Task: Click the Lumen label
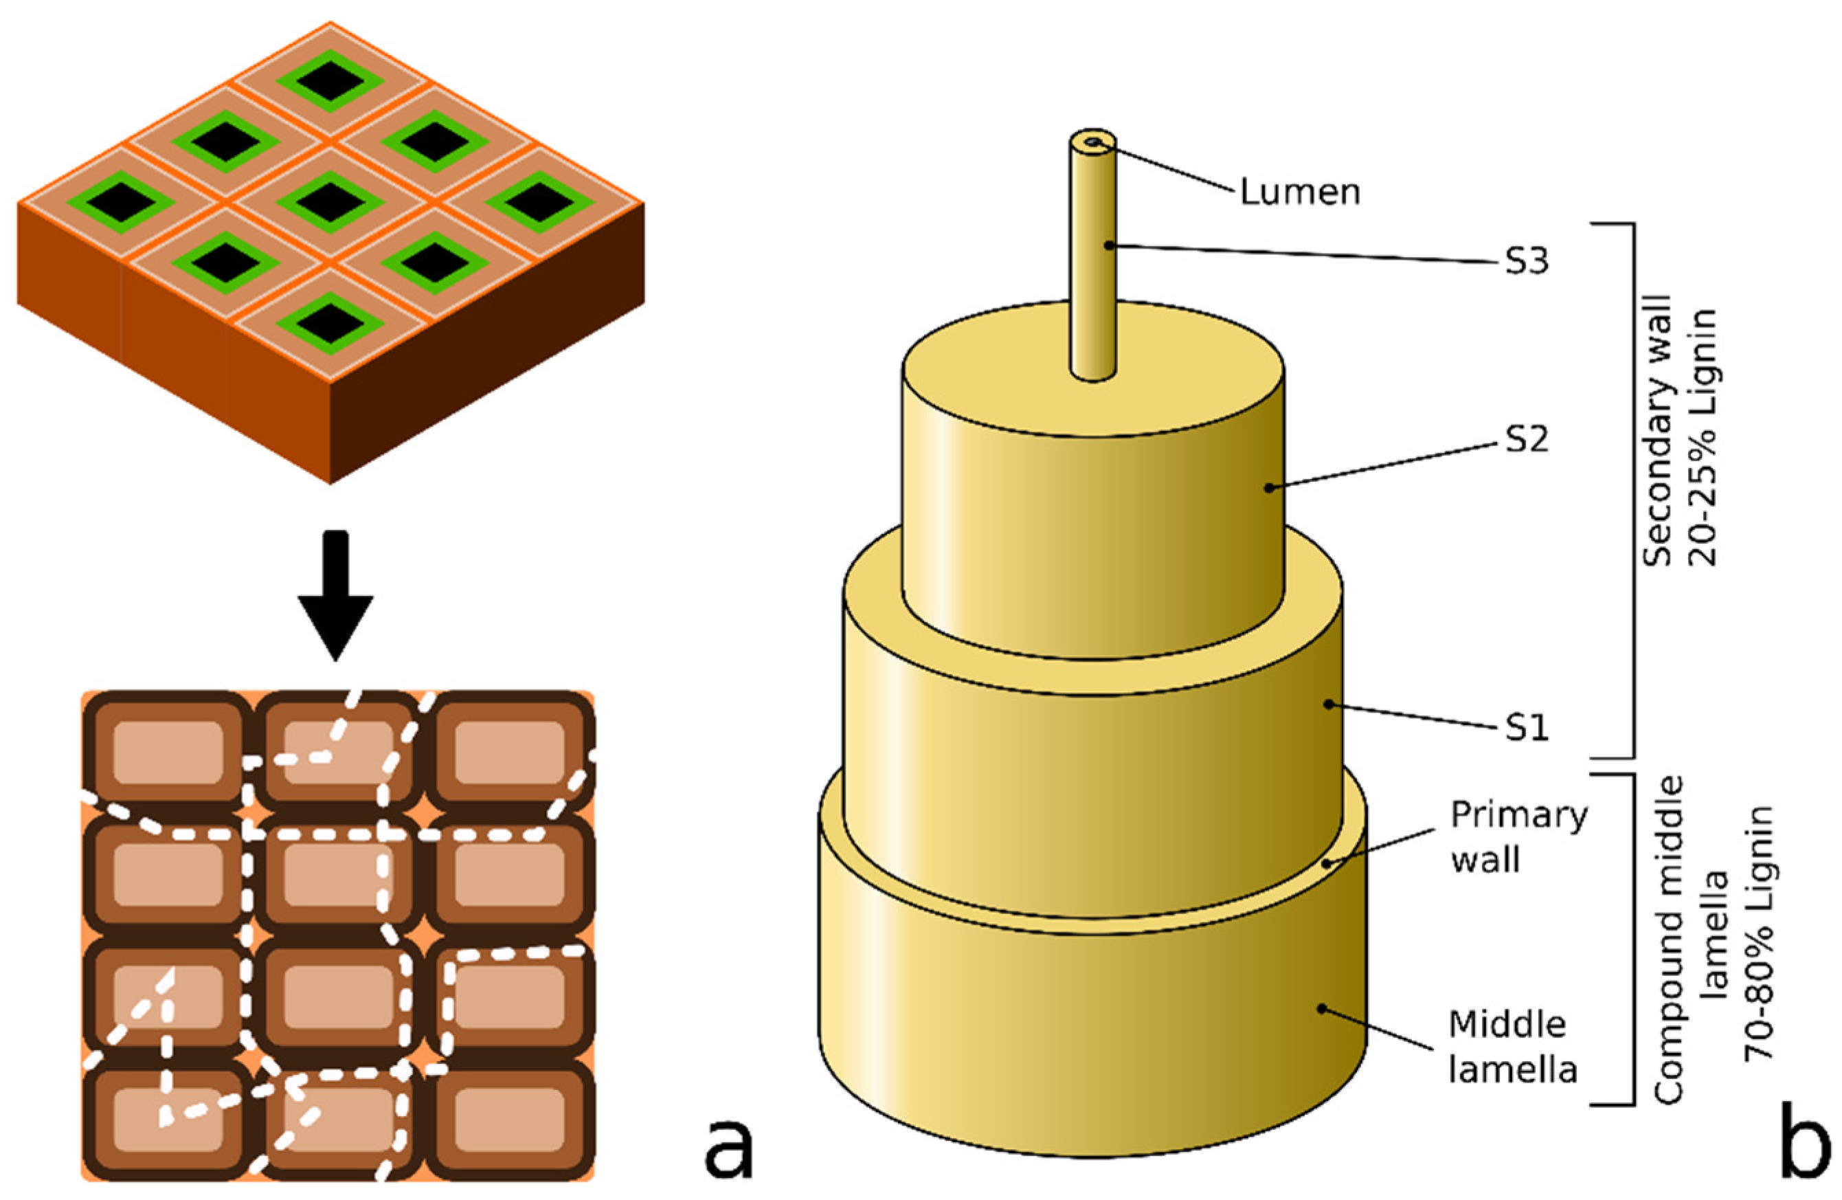1299,191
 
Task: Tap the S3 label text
1526,262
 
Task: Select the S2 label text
1526,439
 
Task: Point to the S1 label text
1526,728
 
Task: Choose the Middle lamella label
1512,1047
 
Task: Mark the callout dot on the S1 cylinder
1328,704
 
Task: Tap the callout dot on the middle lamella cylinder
1322,1008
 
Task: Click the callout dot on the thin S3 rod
1108,245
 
